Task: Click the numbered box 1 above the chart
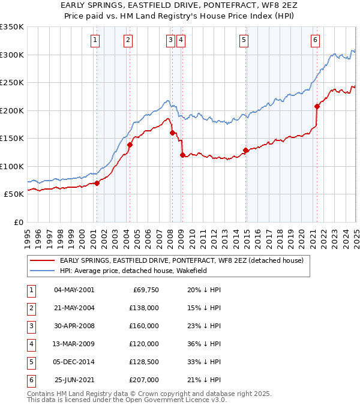pos(96,40)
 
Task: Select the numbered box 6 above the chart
pos(315,40)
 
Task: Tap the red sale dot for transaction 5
pos(245,150)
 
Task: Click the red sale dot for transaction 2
pos(129,145)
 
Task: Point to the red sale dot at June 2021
pos(317,106)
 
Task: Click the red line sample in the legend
pos(42,260)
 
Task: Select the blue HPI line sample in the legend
pos(42,271)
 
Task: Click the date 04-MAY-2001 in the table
pos(74,290)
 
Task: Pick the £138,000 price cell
pos(145,308)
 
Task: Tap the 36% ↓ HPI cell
pos(204,344)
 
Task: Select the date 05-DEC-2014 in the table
pos(74,362)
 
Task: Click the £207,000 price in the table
pos(145,380)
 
